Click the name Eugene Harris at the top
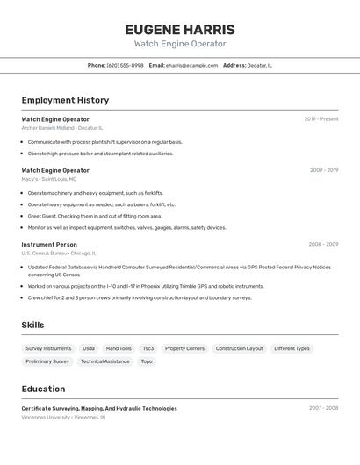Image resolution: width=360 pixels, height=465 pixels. point(180,29)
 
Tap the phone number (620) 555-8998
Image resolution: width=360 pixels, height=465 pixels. point(125,65)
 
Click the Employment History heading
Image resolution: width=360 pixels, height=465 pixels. point(65,100)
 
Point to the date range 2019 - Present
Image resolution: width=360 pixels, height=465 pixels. point(321,119)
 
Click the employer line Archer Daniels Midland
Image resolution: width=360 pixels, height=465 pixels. point(61,128)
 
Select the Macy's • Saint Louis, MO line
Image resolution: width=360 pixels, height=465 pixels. point(49,179)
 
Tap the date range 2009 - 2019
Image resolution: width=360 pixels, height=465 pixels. point(323,170)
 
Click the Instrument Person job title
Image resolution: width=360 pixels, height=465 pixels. point(49,245)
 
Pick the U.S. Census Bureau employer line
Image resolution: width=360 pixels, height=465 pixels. point(58,254)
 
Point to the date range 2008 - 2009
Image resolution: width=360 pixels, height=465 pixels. point(323,245)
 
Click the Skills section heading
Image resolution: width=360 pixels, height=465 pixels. point(32,325)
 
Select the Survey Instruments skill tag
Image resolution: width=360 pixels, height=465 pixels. point(48,348)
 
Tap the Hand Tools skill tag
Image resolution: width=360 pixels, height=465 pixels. point(119,348)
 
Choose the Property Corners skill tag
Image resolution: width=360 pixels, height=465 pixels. point(184,348)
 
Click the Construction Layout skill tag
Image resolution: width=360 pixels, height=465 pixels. point(239,348)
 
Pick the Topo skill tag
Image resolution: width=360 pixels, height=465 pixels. point(147,361)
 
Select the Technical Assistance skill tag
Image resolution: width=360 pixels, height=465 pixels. point(104,361)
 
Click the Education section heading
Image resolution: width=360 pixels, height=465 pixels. point(43,389)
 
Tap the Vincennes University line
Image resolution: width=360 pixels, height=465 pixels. point(63,418)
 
